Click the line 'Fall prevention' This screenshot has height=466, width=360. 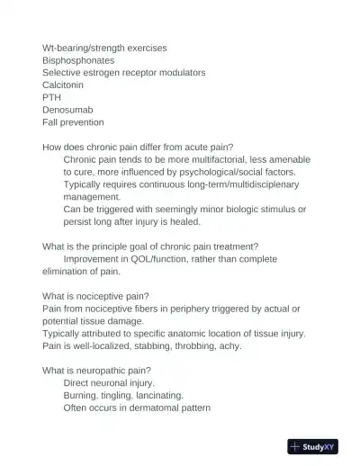(73, 122)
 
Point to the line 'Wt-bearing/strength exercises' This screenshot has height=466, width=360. (103, 47)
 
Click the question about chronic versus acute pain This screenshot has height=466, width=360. (138, 147)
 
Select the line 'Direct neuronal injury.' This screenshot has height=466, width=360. (108, 382)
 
